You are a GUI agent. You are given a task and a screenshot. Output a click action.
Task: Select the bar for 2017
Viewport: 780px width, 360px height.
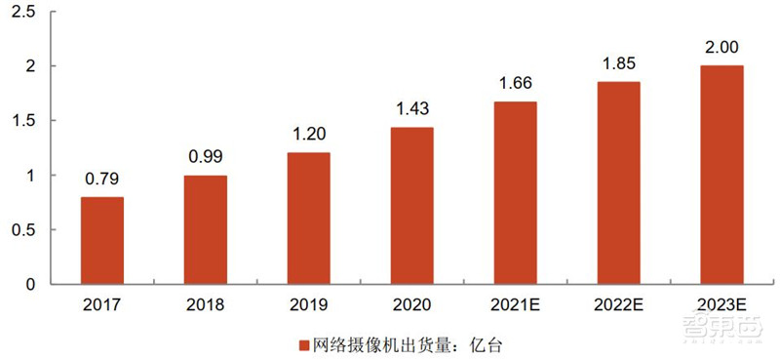pyautogui.click(x=102, y=240)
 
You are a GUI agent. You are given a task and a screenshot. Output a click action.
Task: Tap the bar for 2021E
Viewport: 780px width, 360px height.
pyautogui.click(x=515, y=193)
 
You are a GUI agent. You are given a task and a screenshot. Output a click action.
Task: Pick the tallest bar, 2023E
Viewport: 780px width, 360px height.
pyautogui.click(x=721, y=175)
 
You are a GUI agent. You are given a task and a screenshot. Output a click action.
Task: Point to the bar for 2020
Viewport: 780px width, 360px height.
pyautogui.click(x=412, y=206)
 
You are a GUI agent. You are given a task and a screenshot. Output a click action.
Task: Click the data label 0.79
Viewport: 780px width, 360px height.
pyautogui.click(x=102, y=179)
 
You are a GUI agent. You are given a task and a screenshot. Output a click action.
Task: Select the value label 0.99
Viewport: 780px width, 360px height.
pyautogui.click(x=206, y=157)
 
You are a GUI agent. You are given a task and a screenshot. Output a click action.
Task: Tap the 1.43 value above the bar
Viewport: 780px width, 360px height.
pyautogui.click(x=412, y=109)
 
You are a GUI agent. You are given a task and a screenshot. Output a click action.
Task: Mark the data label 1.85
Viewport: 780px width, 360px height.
pyautogui.click(x=619, y=63)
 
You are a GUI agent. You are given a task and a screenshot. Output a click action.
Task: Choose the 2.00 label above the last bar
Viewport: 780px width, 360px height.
pyautogui.click(x=721, y=47)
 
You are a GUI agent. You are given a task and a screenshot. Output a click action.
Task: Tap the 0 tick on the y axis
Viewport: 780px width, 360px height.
pyautogui.click(x=30, y=284)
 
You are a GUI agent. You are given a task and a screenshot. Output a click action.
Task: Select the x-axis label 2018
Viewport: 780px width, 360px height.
pyautogui.click(x=206, y=304)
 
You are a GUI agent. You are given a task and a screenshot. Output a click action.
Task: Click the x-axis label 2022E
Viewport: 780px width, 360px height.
pyautogui.click(x=619, y=304)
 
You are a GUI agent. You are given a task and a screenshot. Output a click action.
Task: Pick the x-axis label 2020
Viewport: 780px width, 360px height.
pyautogui.click(x=412, y=304)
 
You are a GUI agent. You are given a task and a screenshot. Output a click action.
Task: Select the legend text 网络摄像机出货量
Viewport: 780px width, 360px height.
pyautogui.click(x=373, y=344)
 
